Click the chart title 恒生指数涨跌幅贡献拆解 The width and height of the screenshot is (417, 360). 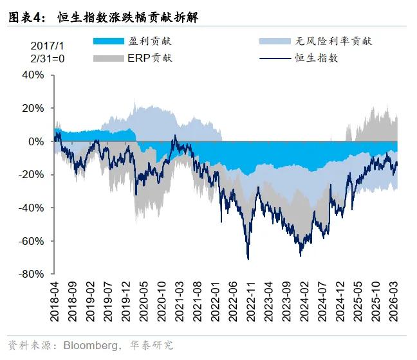coord(128,17)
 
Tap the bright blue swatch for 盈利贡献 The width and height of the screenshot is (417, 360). coord(109,41)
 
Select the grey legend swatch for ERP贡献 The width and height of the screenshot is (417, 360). coord(109,59)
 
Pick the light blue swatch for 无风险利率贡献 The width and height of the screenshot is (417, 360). coord(275,41)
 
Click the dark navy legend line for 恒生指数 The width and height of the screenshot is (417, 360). coord(275,59)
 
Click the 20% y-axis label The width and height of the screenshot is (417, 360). coord(33,108)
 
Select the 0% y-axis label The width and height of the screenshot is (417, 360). coord(36,141)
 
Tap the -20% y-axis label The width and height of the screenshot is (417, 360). coord(31,175)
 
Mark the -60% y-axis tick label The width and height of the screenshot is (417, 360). coord(31,241)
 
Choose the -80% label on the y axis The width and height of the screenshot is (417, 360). coord(31,274)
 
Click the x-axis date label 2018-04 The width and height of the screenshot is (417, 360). coord(54,301)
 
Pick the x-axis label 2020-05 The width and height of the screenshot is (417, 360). coord(144,301)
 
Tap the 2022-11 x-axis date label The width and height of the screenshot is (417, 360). coord(251,301)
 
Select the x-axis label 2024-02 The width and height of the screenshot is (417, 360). coord(304,301)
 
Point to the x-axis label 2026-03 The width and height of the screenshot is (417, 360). coord(394,301)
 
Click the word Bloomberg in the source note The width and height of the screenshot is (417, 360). coord(91,345)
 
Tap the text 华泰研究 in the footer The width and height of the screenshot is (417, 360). coord(152,345)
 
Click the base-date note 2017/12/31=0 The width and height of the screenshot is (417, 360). coord(48,52)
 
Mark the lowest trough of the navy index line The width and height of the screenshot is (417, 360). coord(248,259)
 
